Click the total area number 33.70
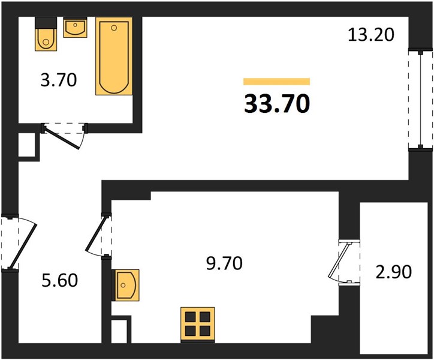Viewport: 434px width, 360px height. tap(277, 104)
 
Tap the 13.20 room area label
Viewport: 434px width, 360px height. tap(370, 35)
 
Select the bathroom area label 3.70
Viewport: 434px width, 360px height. tap(58, 80)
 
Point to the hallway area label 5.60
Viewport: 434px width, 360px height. tap(59, 280)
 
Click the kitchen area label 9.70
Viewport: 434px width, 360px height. tap(224, 263)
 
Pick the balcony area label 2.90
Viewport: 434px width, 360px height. tap(394, 272)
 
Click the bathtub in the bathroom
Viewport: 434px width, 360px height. tap(114, 56)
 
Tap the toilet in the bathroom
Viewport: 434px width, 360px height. tap(46, 34)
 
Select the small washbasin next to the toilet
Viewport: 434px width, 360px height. tap(76, 27)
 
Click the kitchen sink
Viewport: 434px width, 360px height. tap(125, 285)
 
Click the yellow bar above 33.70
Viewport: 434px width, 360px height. tap(277, 82)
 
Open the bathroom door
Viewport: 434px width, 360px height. tap(64, 136)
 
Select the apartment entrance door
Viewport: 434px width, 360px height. tap(19, 241)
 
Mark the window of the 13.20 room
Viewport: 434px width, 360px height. tap(420, 100)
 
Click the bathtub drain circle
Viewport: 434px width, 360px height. tap(114, 28)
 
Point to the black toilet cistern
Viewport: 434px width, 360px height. tap(46, 22)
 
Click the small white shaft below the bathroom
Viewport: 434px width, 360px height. tap(27, 145)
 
